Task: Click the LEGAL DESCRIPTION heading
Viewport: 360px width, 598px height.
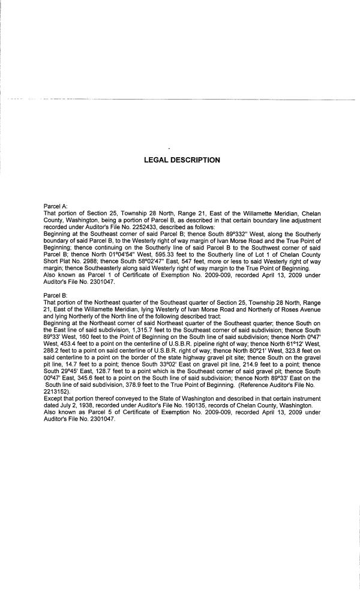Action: [182, 160]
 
